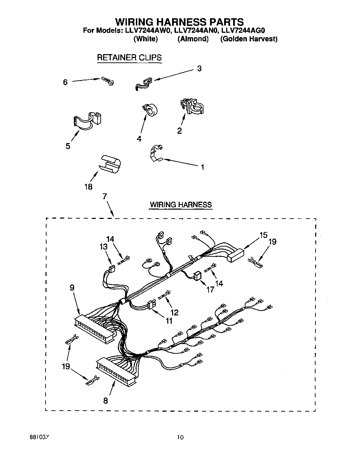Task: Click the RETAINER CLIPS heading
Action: (129, 58)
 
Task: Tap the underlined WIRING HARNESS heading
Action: (180, 205)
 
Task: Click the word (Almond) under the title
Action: (193, 39)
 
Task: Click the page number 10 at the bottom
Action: (180, 437)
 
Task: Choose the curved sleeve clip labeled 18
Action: (110, 163)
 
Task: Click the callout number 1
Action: (202, 167)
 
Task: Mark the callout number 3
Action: (199, 69)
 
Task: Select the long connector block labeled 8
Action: (117, 370)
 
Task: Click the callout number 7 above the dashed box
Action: (104, 197)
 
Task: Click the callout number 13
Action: (103, 247)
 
